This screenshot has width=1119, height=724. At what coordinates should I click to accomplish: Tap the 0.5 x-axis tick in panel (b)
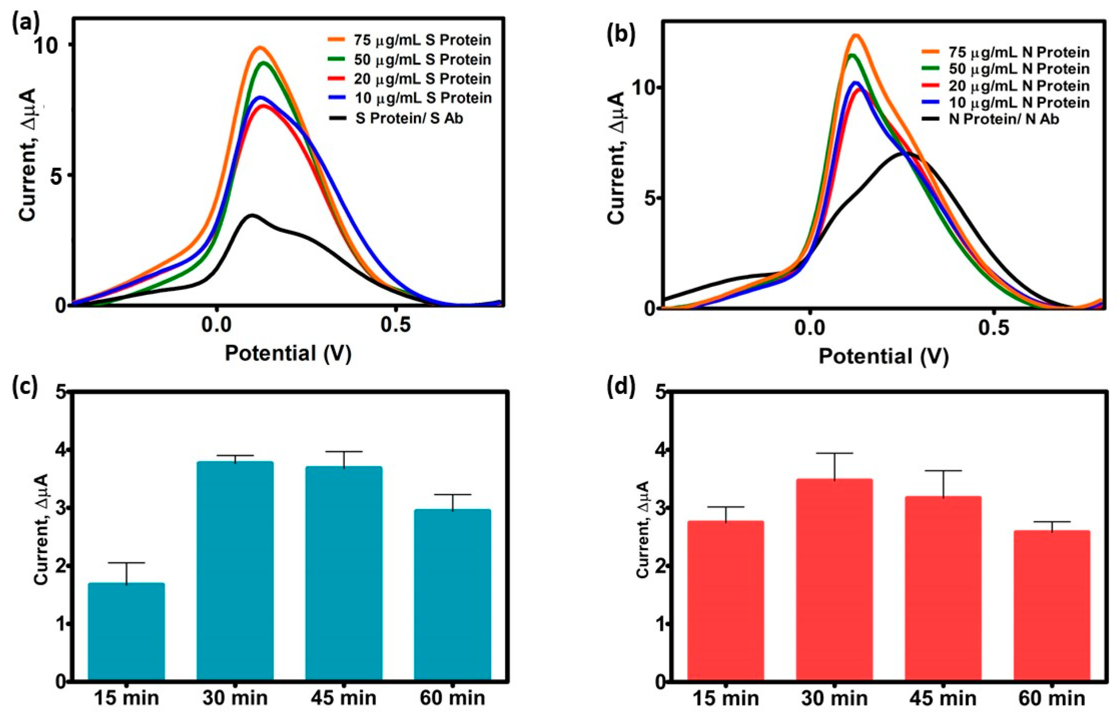point(993,328)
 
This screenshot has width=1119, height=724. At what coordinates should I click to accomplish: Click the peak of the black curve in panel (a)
point(252,215)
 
